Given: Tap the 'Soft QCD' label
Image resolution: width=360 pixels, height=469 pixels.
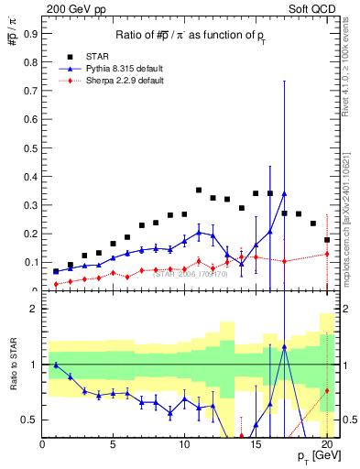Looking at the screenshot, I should [314, 8].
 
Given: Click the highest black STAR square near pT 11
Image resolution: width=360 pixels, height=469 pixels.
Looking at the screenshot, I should [199, 191].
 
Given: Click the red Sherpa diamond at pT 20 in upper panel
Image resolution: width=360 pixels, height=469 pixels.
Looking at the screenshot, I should [327, 254].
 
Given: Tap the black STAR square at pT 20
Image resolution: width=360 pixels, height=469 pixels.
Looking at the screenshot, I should [327, 240].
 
